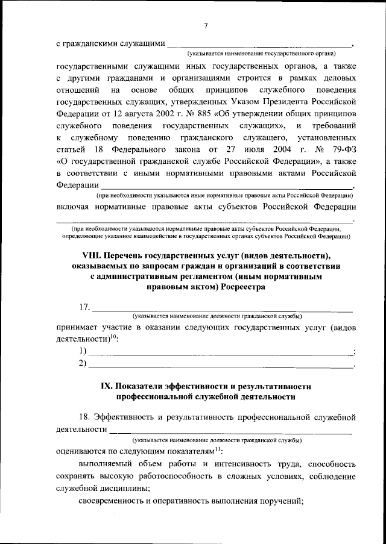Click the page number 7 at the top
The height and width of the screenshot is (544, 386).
pos(206,25)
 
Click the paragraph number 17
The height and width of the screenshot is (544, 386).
pos(84,308)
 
